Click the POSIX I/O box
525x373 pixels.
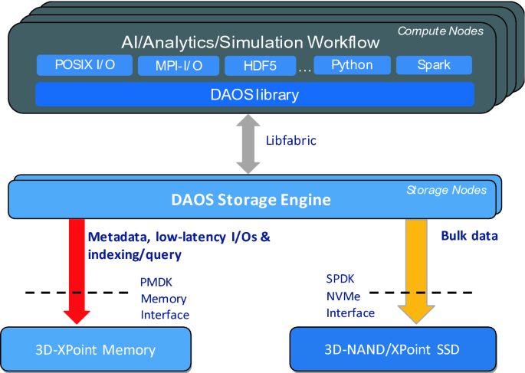coord(85,65)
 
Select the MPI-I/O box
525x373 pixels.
coord(179,66)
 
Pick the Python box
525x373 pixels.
coord(352,65)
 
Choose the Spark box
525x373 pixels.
coord(435,65)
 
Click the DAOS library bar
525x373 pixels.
coord(254,95)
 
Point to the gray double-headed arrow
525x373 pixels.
coord(250,144)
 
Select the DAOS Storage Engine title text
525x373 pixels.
coord(252,201)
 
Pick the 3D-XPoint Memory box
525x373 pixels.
coord(96,350)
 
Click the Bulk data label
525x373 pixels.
coord(469,236)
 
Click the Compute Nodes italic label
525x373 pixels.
coord(441,31)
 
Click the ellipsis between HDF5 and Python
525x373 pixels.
coord(304,69)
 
